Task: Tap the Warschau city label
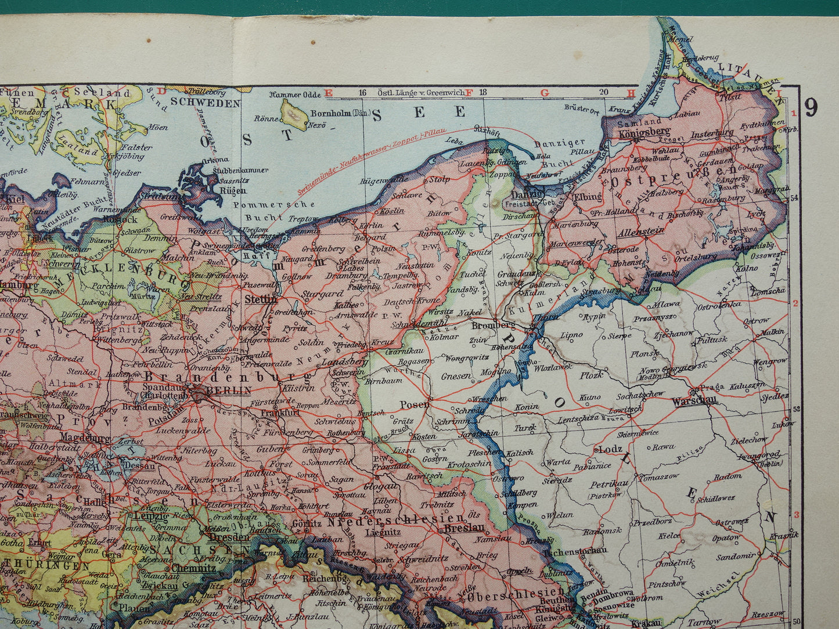click(x=694, y=400)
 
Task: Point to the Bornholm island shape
click(x=294, y=114)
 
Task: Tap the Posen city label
click(x=415, y=404)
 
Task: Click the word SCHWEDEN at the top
click(x=206, y=103)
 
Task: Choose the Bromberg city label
click(x=485, y=326)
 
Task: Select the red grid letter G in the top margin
click(x=544, y=93)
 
